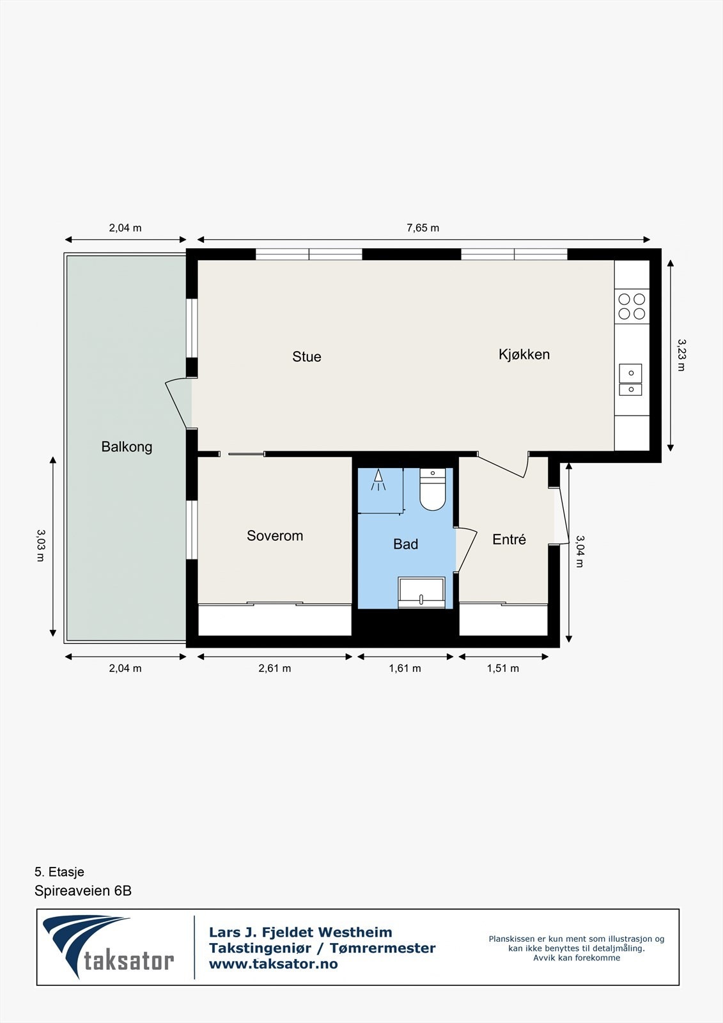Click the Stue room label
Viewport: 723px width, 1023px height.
(307, 357)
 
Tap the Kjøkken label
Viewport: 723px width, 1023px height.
(524, 354)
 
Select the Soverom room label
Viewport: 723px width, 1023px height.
(275, 536)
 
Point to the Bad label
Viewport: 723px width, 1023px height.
(405, 544)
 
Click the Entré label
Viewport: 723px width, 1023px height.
(509, 540)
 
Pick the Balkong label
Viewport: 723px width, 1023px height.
(127, 447)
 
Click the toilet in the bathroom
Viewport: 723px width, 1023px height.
(432, 490)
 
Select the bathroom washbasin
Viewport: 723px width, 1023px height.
(421, 591)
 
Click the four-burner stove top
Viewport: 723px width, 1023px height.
(632, 306)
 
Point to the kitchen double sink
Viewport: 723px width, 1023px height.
(630, 380)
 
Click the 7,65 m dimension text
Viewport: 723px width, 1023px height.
(423, 228)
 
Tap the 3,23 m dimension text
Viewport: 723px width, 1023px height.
(681, 355)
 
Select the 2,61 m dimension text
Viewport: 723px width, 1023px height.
(275, 668)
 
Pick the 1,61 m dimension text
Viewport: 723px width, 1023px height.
(405, 668)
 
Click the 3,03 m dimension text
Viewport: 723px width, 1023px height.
(40, 545)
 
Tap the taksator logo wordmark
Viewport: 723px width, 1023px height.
(128, 961)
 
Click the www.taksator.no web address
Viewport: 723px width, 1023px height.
(274, 964)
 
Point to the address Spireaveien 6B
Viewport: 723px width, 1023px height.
(83, 891)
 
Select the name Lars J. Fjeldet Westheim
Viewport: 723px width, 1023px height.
(300, 932)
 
